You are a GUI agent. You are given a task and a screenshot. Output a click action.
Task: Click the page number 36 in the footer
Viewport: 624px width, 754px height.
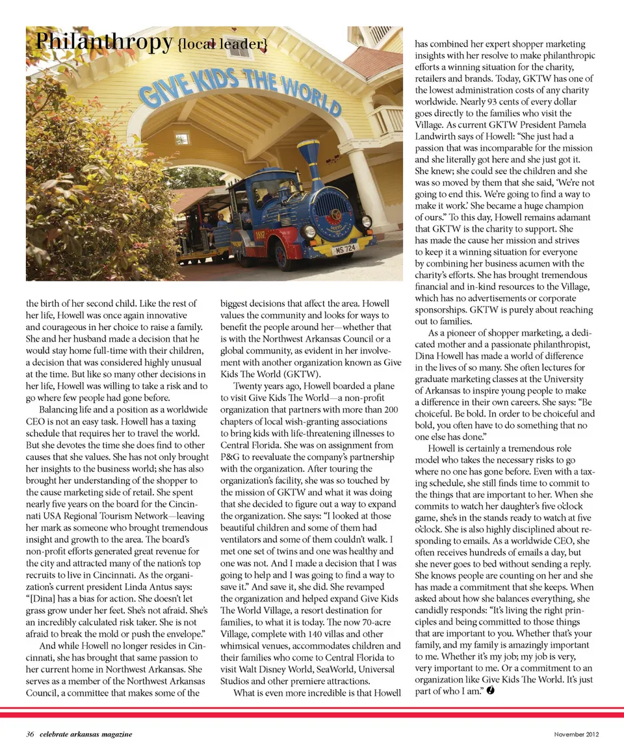coord(30,734)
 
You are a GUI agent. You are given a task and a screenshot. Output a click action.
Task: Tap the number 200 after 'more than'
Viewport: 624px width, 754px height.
coord(391,409)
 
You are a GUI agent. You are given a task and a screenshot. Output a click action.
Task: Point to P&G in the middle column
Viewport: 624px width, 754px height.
coord(229,456)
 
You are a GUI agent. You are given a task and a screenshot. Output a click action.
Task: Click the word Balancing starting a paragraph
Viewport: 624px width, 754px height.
coord(60,409)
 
